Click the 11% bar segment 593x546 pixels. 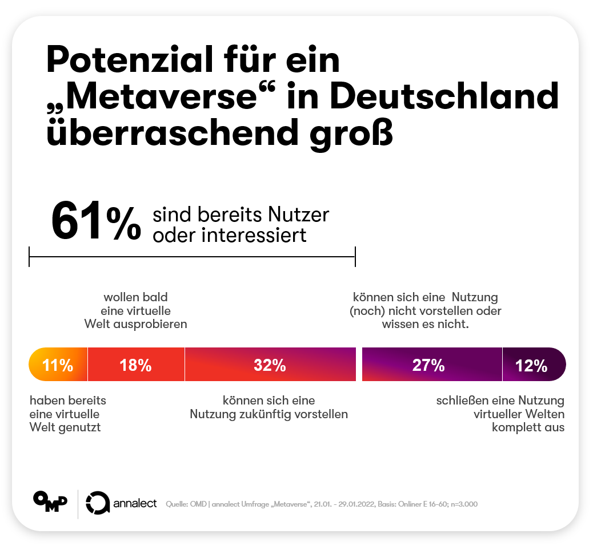58,365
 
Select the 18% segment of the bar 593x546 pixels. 135,365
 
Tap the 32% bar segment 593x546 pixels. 270,365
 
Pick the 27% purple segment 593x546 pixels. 428,365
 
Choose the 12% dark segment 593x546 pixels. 532,365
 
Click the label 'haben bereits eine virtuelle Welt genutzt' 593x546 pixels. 67,414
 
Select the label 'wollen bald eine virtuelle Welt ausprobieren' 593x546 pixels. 135,310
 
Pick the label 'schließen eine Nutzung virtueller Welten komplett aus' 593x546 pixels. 500,414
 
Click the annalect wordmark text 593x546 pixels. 135,503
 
